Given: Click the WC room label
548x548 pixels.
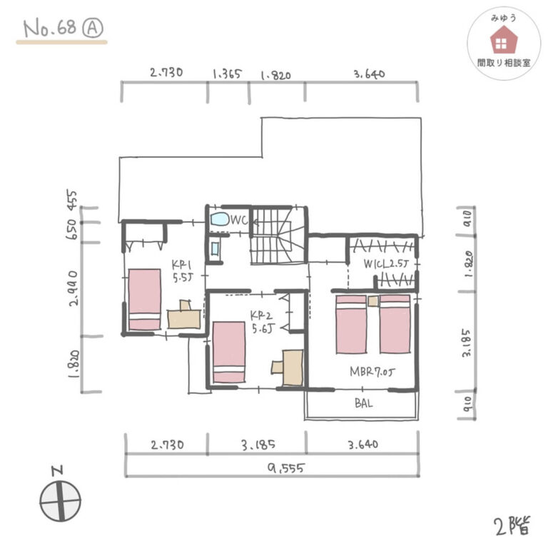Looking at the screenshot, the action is click(x=240, y=220).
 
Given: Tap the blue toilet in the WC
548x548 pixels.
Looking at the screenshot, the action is click(x=220, y=220).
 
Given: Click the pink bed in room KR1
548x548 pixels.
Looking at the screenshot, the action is click(x=144, y=299).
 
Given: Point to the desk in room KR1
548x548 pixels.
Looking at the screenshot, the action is click(x=184, y=315).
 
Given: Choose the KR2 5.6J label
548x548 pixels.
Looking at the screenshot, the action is click(x=262, y=322).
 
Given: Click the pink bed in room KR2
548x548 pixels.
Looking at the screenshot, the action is click(x=229, y=352).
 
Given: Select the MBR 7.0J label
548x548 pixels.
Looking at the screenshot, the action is click(x=372, y=372).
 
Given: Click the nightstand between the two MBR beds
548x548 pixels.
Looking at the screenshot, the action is click(x=373, y=301).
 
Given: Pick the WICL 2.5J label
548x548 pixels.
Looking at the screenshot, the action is click(x=385, y=263).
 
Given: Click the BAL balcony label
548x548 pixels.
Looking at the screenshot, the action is click(x=363, y=403).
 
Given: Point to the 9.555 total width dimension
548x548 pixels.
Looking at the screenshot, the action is click(x=286, y=468).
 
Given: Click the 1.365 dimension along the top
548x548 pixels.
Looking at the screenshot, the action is click(x=227, y=73).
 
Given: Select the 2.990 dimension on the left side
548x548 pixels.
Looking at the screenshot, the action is click(x=73, y=288).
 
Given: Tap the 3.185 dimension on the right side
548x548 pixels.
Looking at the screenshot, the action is click(x=466, y=342).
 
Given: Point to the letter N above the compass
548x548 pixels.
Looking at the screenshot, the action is click(x=57, y=470).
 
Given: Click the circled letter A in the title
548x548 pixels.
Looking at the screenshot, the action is click(x=93, y=28).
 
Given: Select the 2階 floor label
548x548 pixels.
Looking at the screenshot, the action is click(x=512, y=525).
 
